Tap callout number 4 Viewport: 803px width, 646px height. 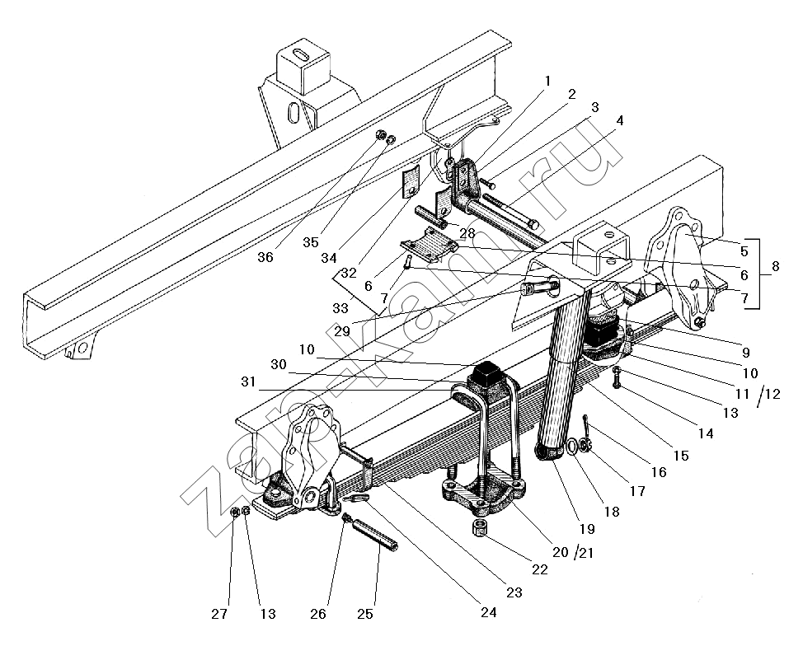[x=620, y=120]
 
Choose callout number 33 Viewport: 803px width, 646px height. [x=341, y=307]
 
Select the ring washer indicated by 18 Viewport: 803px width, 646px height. [x=570, y=447]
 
